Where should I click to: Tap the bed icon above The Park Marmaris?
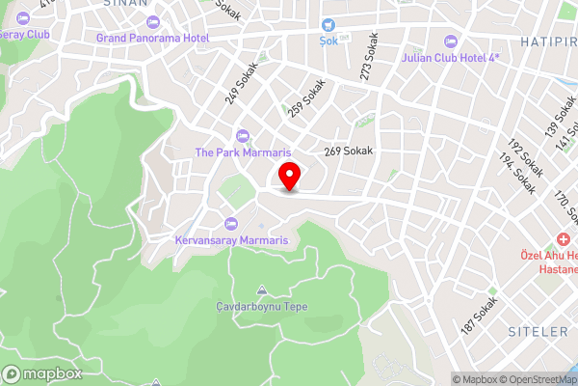click(241, 136)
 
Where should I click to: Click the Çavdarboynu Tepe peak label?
click(261, 306)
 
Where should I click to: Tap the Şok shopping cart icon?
click(329, 26)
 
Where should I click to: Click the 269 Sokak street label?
click(348, 152)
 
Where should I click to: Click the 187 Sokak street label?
click(479, 317)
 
